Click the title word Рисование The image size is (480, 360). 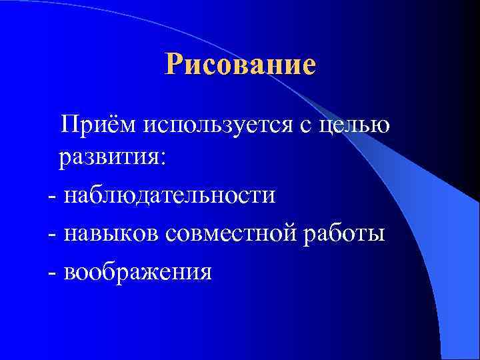click(x=240, y=65)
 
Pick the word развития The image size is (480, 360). click(x=109, y=160)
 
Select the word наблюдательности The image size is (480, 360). click(x=169, y=196)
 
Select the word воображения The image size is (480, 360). click(x=136, y=271)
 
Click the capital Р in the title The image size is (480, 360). click(x=175, y=65)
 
